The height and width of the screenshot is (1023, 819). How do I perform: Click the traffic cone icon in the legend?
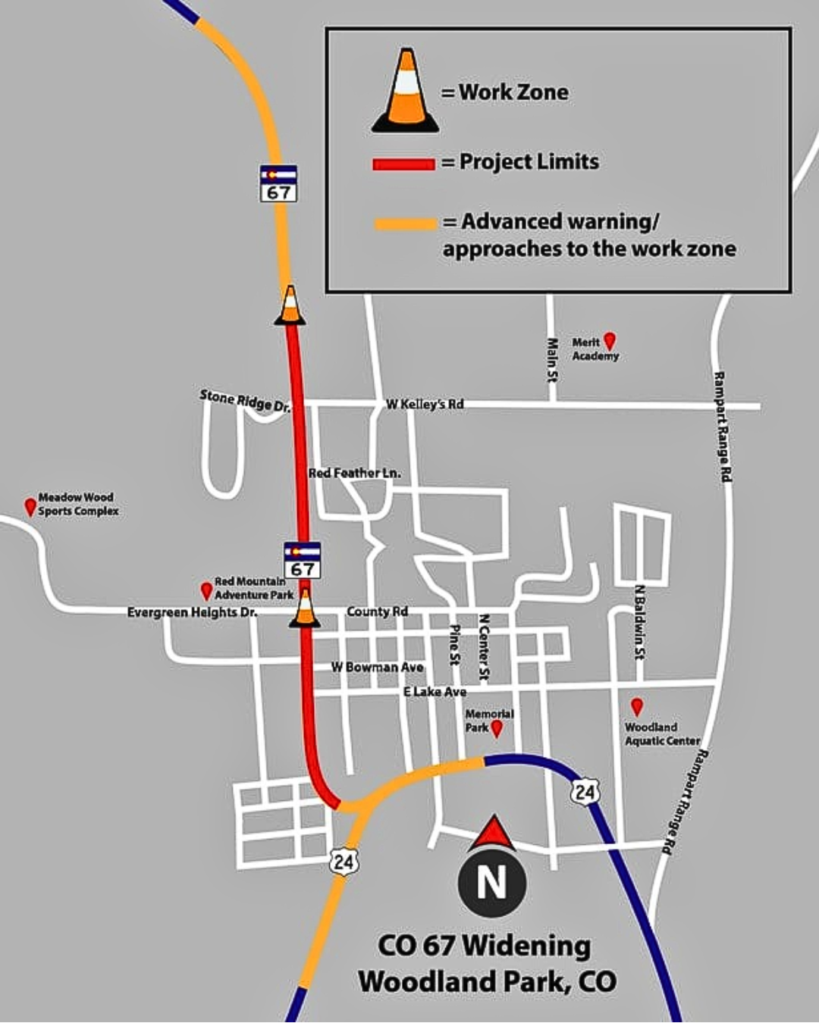pyautogui.click(x=406, y=92)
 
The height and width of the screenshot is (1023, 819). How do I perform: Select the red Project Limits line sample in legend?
pyautogui.click(x=403, y=164)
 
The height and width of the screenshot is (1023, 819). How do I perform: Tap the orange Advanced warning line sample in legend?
pyautogui.click(x=406, y=224)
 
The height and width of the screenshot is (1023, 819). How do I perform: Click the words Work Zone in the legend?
pyautogui.click(x=513, y=92)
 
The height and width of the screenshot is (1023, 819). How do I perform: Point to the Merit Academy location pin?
pyautogui.click(x=609, y=341)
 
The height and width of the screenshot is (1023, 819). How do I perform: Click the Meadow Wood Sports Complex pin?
pyautogui.click(x=30, y=506)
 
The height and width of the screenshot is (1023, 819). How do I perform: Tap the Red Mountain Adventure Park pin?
pyautogui.click(x=206, y=590)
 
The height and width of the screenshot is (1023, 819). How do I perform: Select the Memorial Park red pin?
pyautogui.click(x=497, y=728)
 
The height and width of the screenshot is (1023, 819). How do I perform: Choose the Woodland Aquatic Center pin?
pyautogui.click(x=637, y=707)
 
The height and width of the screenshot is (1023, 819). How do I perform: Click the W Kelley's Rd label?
pyautogui.click(x=425, y=404)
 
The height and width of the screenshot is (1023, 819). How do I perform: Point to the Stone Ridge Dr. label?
pyautogui.click(x=245, y=400)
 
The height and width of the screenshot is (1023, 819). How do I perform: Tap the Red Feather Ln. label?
pyautogui.click(x=354, y=473)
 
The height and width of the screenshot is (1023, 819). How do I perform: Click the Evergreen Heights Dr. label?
pyautogui.click(x=192, y=612)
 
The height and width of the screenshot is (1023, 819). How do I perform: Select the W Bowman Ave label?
pyautogui.click(x=377, y=667)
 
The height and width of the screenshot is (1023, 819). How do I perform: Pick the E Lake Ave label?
pyautogui.click(x=435, y=692)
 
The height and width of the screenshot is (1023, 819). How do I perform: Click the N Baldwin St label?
pyautogui.click(x=640, y=621)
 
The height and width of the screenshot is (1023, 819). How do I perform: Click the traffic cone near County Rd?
pyautogui.click(x=305, y=608)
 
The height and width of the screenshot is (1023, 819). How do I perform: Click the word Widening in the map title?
pyautogui.click(x=526, y=946)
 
